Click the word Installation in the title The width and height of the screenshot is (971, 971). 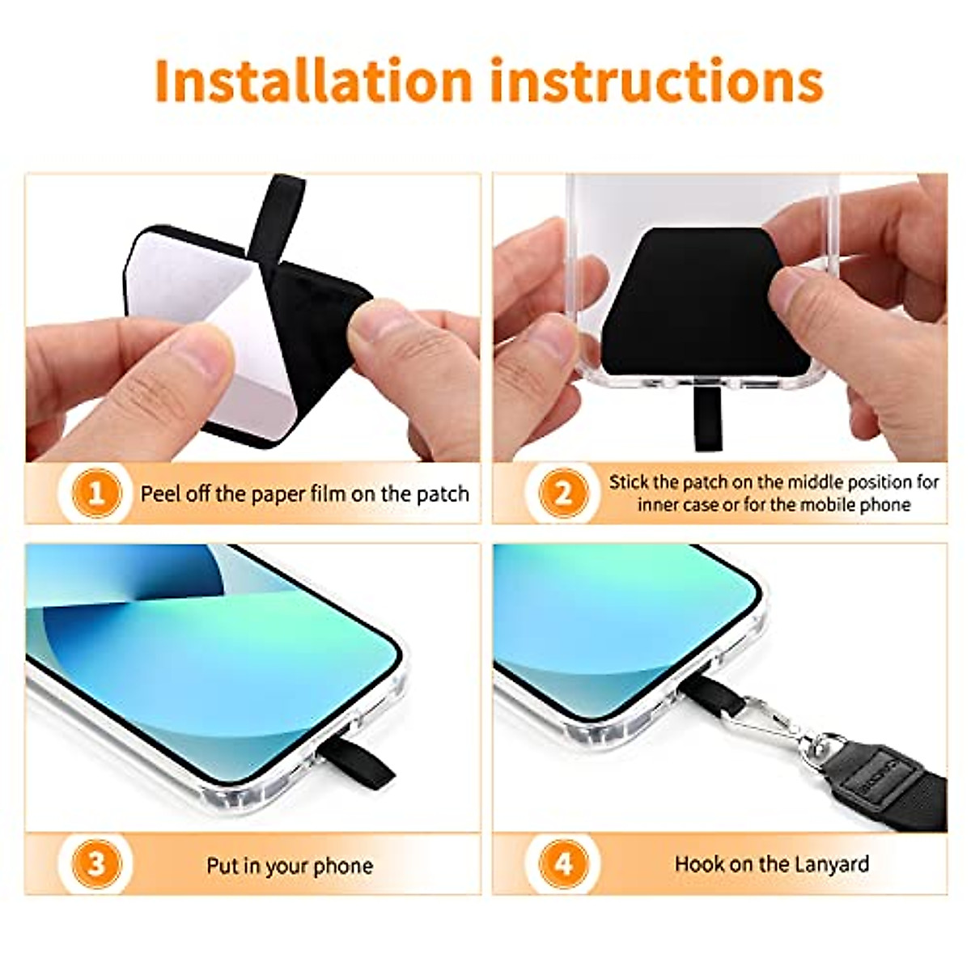312,81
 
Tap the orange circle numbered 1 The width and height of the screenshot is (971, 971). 96,494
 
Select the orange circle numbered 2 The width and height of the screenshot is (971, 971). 563,494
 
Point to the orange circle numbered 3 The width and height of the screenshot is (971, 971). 96,864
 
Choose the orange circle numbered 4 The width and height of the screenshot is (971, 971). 563,864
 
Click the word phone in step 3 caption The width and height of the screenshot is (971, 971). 342,866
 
